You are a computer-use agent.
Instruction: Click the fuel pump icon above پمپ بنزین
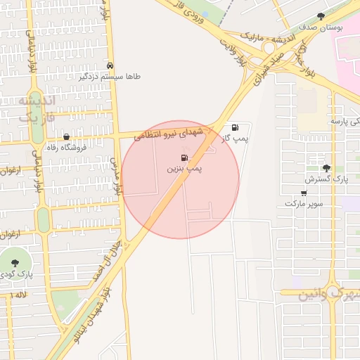pyautogui.click(x=184, y=157)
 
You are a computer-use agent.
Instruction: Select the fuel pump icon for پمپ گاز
pyautogui.click(x=234, y=127)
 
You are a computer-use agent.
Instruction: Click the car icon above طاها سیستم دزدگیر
pyautogui.click(x=109, y=64)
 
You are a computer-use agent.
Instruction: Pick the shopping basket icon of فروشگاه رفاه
pyautogui.click(x=66, y=137)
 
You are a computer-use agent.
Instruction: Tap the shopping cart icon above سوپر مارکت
pyautogui.click(x=304, y=193)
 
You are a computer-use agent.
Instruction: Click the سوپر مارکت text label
pyautogui.click(x=304, y=203)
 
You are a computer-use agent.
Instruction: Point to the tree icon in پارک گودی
pyautogui.click(x=15, y=262)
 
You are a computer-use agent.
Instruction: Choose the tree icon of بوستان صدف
pyautogui.click(x=321, y=15)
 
